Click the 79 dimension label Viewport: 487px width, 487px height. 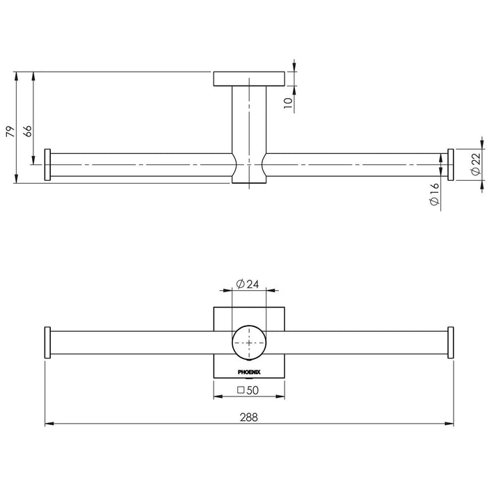pyautogui.click(x=10, y=131)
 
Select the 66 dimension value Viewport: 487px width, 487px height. pyautogui.click(x=27, y=131)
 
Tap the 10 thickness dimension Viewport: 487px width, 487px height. pyautogui.click(x=288, y=103)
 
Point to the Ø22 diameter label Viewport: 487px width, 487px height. pyautogui.click(x=475, y=164)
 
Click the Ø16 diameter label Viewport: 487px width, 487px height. pyautogui.click(x=434, y=194)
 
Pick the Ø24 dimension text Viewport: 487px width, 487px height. pyautogui.click(x=247, y=284)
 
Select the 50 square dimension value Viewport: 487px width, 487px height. pyautogui.click(x=252, y=390)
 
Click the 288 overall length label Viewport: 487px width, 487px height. pyautogui.click(x=249, y=417)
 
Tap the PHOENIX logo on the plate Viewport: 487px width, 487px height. pyautogui.click(x=249, y=372)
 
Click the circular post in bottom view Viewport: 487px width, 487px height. pyautogui.click(x=249, y=342)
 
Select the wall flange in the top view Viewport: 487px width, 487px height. pyautogui.click(x=249, y=79)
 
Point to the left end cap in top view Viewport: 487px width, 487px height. pyautogui.click(x=47, y=165)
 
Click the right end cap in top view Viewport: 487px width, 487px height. pyautogui.click(x=451, y=165)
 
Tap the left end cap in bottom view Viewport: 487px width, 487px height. pyautogui.click(x=47, y=342)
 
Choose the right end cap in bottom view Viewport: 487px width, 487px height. pyautogui.click(x=451, y=342)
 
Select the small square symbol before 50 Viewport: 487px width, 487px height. pyautogui.click(x=241, y=390)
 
